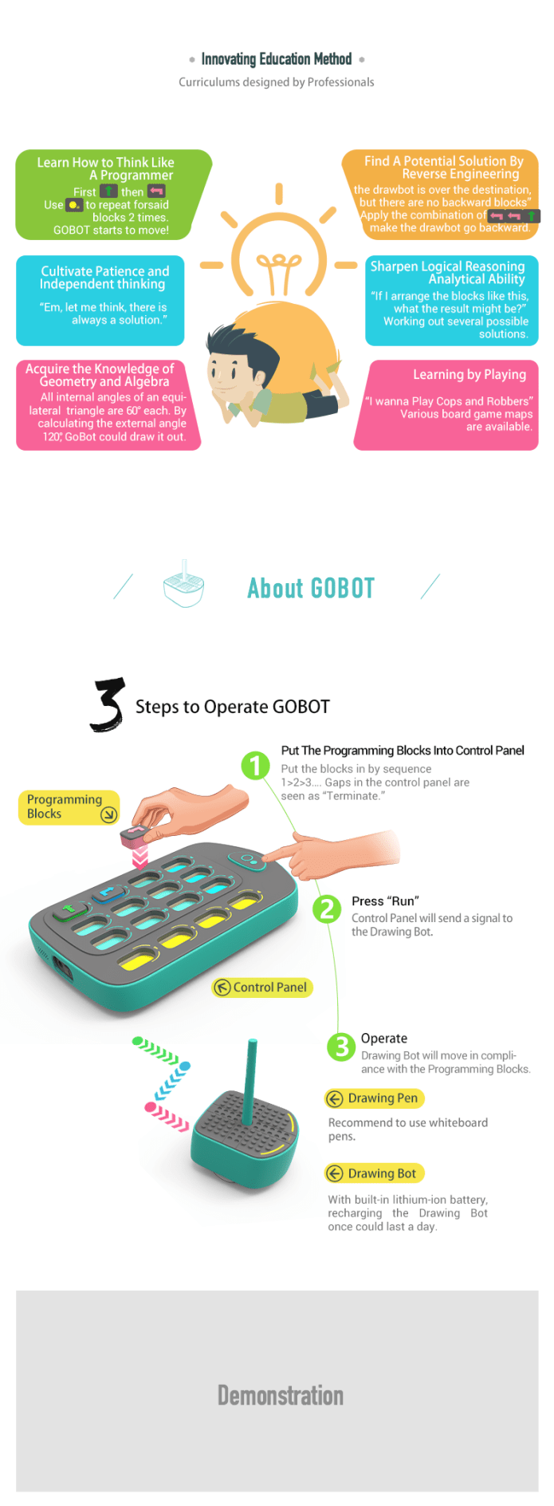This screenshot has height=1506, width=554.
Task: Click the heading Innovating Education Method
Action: (x=276, y=59)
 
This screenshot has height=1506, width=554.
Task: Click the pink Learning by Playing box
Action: (x=446, y=405)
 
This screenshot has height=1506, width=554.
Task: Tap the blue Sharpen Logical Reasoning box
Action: (x=452, y=301)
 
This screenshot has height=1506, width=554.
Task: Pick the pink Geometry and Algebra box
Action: (x=108, y=405)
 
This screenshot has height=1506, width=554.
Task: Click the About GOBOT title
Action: (x=311, y=589)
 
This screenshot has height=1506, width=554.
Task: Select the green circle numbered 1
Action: (x=255, y=766)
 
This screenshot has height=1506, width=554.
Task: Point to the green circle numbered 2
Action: (x=327, y=909)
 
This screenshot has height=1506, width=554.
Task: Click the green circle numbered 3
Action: (x=342, y=1046)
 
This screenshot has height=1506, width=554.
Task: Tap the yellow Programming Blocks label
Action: (x=69, y=807)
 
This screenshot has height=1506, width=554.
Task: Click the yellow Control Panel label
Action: (x=262, y=988)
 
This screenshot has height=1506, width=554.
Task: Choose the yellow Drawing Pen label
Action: (x=375, y=1098)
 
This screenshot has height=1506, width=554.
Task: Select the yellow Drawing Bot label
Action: (x=375, y=1173)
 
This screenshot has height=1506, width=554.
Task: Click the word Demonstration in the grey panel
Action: (x=281, y=1395)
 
